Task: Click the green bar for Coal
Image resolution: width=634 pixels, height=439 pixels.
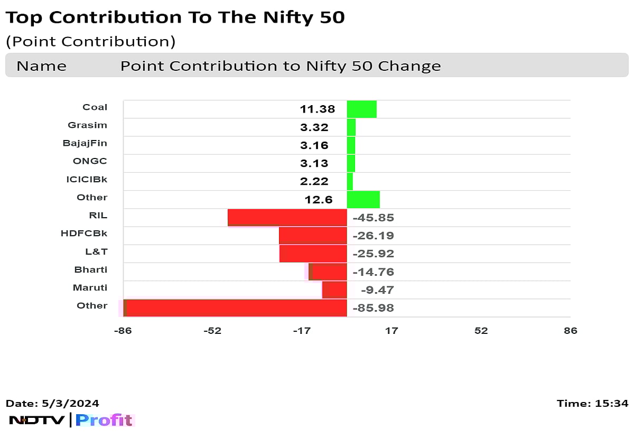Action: pos(361,109)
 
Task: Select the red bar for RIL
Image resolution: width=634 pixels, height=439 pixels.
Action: pos(287,218)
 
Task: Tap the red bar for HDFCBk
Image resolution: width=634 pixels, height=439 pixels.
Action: pos(313,236)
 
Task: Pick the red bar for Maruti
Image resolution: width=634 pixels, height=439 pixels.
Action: pos(334,289)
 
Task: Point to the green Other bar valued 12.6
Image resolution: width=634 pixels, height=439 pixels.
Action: pos(363,199)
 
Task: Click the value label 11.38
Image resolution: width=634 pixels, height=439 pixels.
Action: pos(317,109)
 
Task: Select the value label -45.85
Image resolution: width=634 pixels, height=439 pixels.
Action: pos(373,218)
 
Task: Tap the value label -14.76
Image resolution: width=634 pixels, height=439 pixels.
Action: pos(373,272)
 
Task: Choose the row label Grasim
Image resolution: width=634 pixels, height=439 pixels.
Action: pos(87,125)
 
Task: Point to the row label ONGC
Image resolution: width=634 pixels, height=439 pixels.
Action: pos(90,161)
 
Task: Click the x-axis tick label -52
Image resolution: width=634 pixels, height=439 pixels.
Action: pos(212,331)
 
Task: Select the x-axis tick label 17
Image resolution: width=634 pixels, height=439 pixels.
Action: pos(391,331)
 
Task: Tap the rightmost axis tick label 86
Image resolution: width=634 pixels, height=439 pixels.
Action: pos(570,331)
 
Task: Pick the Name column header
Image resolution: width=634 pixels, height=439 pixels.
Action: pos(41,66)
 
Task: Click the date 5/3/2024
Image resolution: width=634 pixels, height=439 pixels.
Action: pos(70,404)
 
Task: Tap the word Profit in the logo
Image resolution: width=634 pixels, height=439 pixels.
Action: pos(104,421)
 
